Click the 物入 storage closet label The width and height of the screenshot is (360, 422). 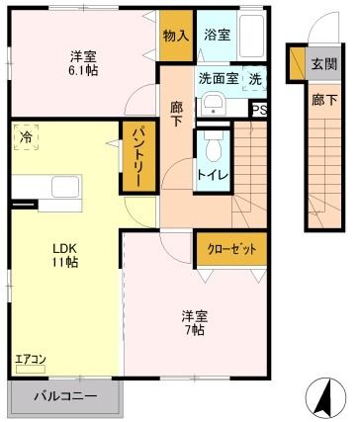pos(176,36)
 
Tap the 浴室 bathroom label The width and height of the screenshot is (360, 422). pos(217,35)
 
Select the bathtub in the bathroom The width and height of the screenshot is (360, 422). pos(251,36)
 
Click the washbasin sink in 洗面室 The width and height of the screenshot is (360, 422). pos(214,105)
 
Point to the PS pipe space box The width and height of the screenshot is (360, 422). pos(260,110)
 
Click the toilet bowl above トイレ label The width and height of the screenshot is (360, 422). pos(214,147)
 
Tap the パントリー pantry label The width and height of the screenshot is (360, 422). pos(138,157)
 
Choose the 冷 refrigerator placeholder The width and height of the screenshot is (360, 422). pos(26,137)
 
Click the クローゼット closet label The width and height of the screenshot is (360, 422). pos(231,249)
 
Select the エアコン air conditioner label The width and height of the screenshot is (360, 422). pos(31,359)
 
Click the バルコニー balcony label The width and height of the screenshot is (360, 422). pos(66,395)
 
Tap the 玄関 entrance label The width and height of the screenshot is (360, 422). pos(324,64)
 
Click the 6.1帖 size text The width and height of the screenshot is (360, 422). pos(83,70)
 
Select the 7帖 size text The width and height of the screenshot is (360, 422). pos(194,330)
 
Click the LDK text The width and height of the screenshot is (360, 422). pos(65,248)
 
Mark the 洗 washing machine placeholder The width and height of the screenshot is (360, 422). pos(255,79)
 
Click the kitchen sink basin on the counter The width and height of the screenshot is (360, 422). pos(65,187)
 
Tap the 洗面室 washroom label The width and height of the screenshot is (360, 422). pos(219,79)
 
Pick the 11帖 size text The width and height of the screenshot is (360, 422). pos(64,262)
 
